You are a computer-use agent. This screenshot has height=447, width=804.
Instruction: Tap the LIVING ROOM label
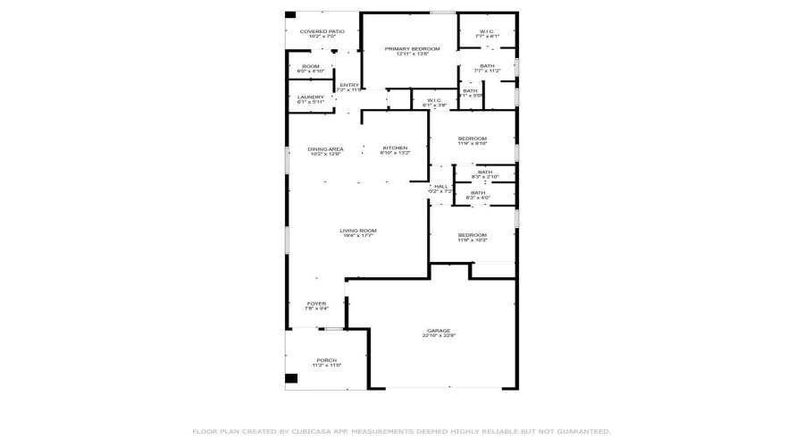pos(356,232)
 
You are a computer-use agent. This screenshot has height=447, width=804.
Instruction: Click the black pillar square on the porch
pos(291,379)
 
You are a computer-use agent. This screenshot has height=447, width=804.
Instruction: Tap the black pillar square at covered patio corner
pos(290,14)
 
